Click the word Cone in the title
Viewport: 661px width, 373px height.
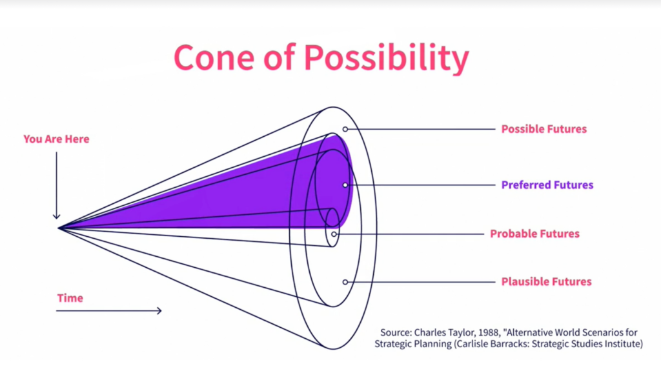[214, 57]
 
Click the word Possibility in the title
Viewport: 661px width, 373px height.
[386, 58]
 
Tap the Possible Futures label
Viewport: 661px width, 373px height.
[544, 129]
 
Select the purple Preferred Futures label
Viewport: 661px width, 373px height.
[547, 185]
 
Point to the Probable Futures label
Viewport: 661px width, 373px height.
[534, 234]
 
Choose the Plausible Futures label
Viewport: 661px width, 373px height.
[546, 281]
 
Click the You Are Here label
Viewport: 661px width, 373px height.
[56, 139]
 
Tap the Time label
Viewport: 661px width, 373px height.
[70, 298]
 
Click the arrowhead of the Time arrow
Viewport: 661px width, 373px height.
[159, 310]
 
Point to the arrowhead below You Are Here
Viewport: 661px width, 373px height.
[57, 217]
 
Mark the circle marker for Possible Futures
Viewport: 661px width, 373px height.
[345, 129]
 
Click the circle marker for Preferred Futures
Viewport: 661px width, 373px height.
[345, 185]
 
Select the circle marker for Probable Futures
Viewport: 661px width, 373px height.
[334, 234]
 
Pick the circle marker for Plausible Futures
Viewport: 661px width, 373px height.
[345, 282]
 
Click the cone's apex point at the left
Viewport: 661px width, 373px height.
[59, 228]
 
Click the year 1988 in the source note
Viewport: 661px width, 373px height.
[489, 332]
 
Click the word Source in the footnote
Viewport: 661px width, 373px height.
[396, 332]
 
